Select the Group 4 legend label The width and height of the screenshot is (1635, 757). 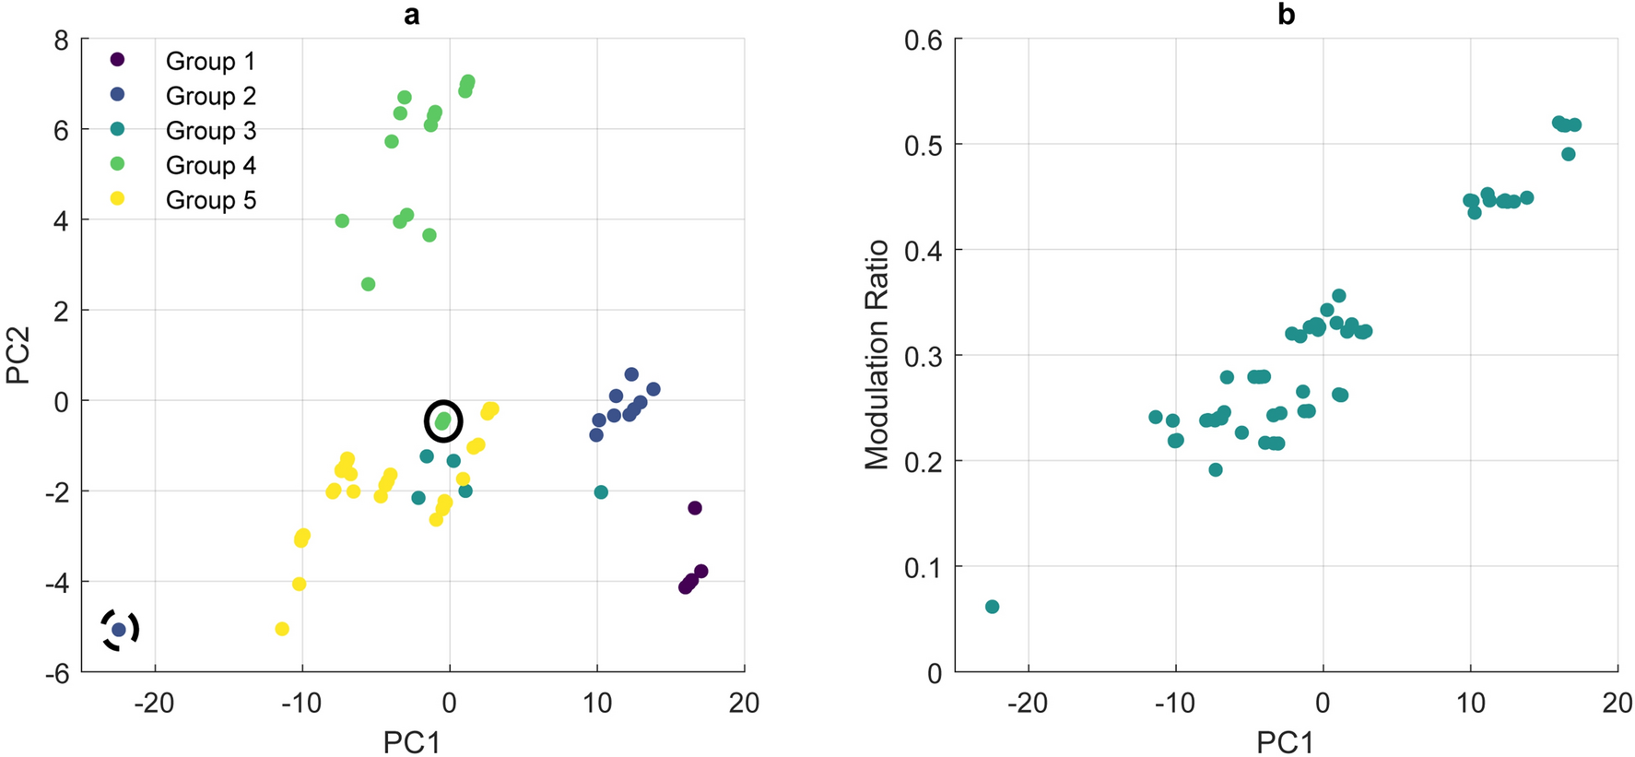pyautogui.click(x=210, y=166)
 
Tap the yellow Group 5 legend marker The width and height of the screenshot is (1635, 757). pyautogui.click(x=117, y=198)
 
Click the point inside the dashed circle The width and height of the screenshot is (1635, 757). pyautogui.click(x=119, y=630)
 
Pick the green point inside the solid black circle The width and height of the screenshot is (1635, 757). pyautogui.click(x=443, y=421)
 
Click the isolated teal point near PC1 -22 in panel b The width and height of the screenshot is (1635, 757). pyautogui.click(x=992, y=607)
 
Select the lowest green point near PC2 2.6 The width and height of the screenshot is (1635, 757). pyautogui.click(x=369, y=284)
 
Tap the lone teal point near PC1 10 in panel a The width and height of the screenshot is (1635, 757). pyautogui.click(x=601, y=492)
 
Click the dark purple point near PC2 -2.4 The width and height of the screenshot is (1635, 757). pyautogui.click(x=695, y=508)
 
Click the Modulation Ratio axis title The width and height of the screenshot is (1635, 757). pyautogui.click(x=876, y=355)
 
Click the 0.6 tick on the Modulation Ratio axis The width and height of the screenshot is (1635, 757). pyautogui.click(x=923, y=41)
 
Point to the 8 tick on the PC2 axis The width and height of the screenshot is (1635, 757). pyautogui.click(x=61, y=41)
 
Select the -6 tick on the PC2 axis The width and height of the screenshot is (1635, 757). pyautogui.click(x=56, y=673)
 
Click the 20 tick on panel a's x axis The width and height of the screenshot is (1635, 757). pyautogui.click(x=744, y=703)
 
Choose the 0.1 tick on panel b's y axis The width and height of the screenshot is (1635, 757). pyautogui.click(x=923, y=568)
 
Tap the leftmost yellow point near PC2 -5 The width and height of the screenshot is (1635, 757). pyautogui.click(x=282, y=629)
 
